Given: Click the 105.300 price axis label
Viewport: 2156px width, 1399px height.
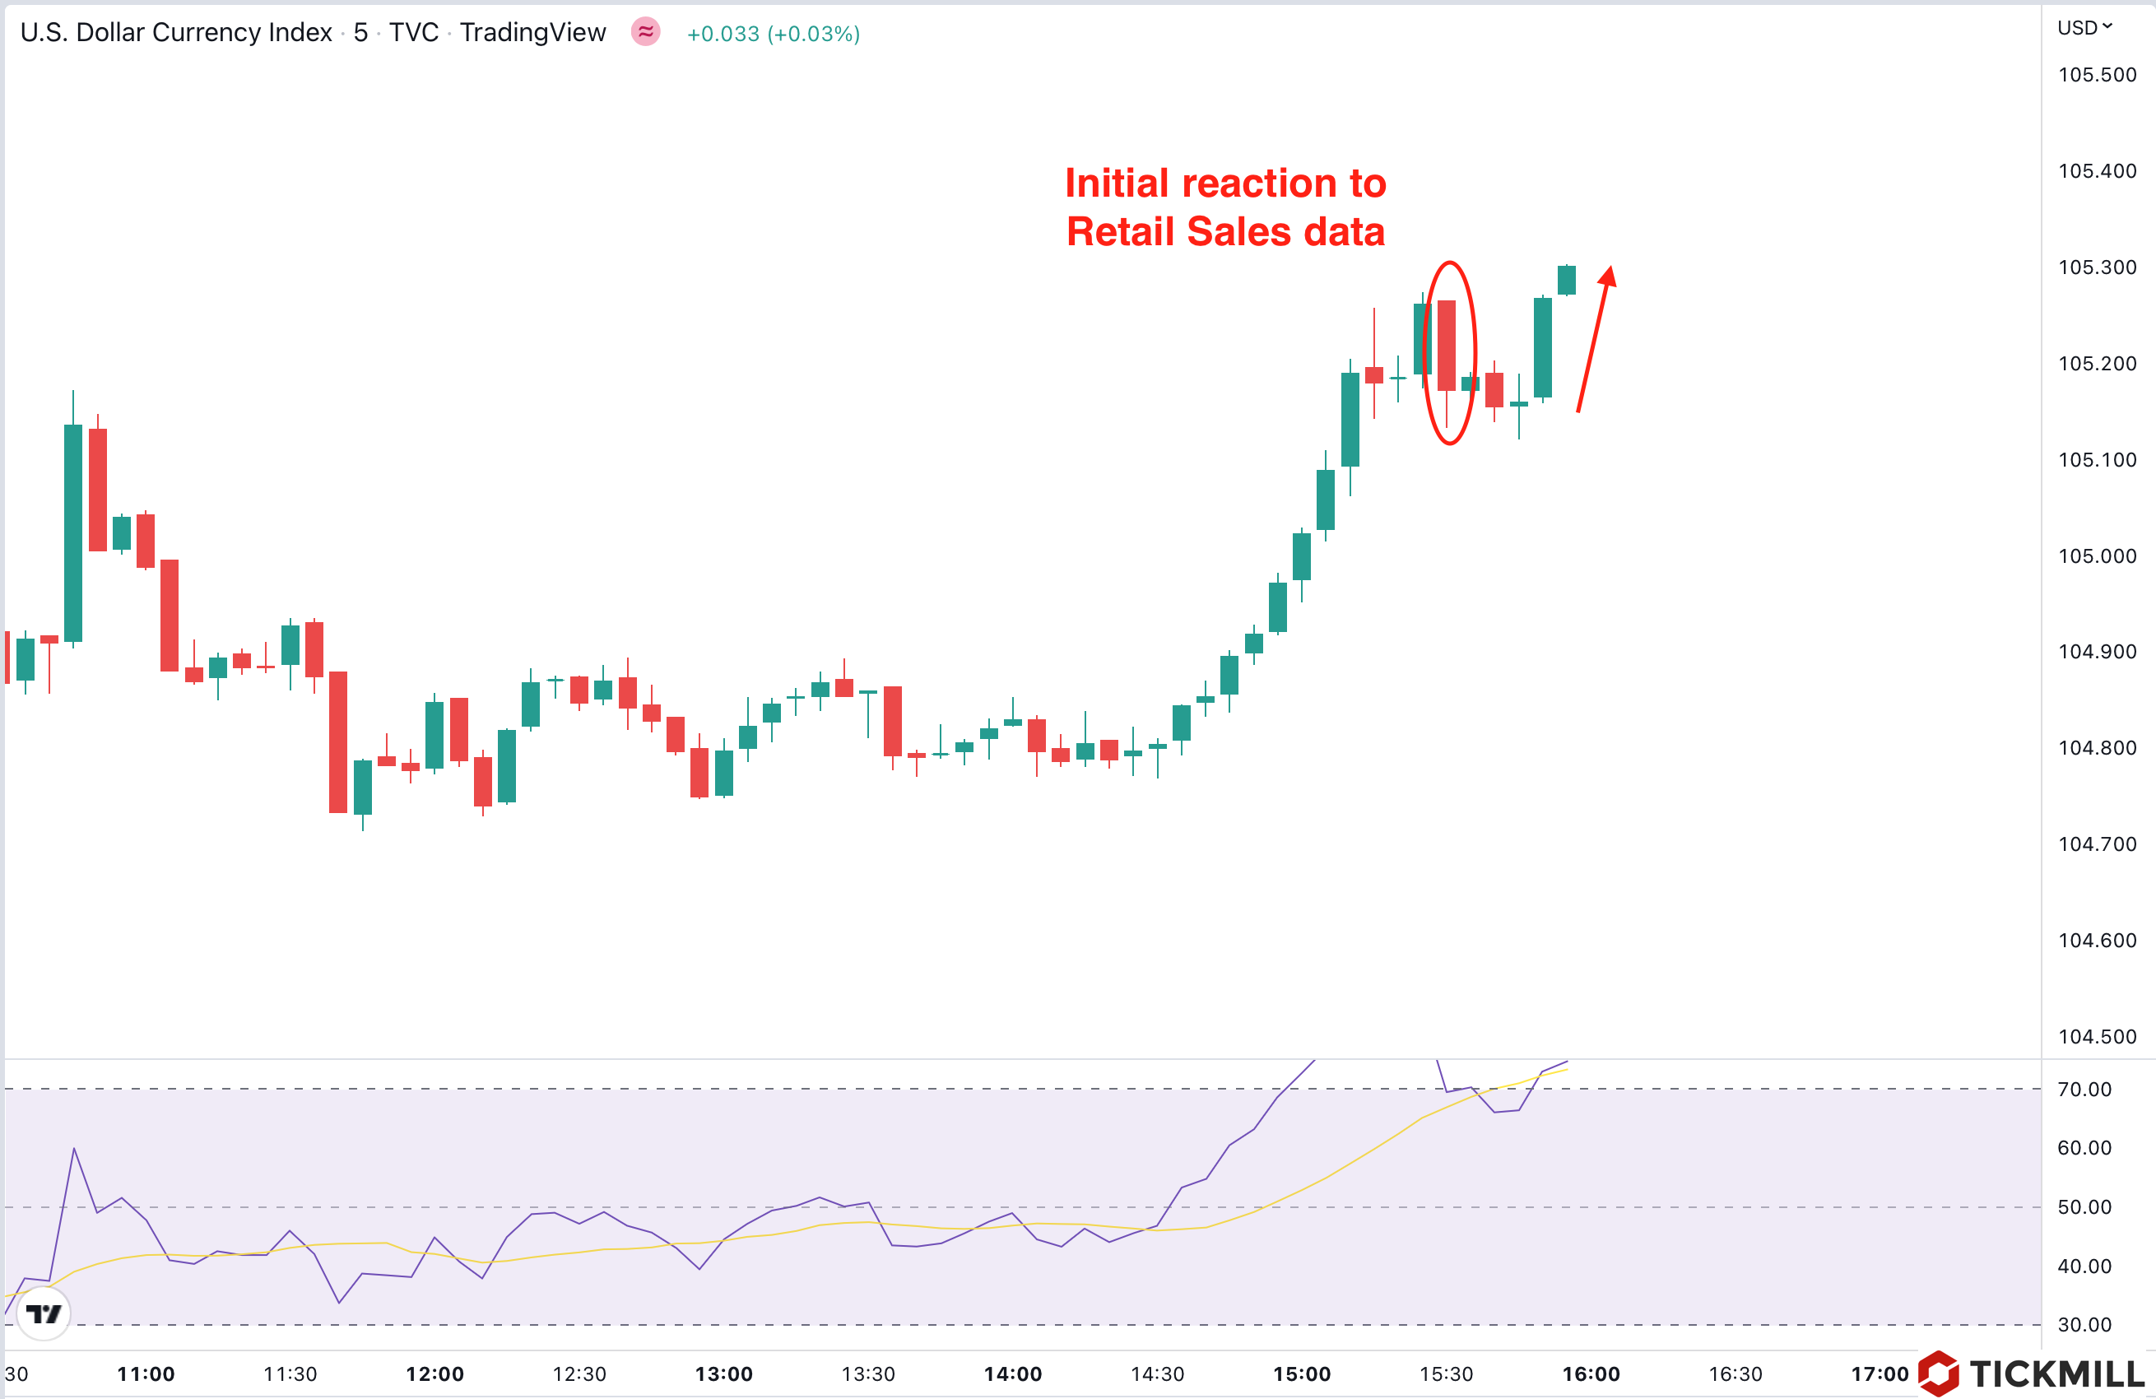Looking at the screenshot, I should point(2096,267).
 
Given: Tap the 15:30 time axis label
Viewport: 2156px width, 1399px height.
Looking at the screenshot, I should point(1446,1373).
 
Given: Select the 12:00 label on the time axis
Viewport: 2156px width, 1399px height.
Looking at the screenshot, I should point(434,1373).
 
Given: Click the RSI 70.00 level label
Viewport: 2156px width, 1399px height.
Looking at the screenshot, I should point(2084,1089).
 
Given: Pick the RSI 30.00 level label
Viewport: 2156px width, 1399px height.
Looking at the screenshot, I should point(2084,1325).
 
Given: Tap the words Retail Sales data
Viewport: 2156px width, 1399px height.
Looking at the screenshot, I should point(1224,232).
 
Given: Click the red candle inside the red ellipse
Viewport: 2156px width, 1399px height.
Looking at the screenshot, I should point(1447,345).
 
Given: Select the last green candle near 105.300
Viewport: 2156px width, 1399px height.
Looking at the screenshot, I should point(1566,280).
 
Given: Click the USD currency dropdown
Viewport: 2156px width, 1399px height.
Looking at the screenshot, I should point(2084,28).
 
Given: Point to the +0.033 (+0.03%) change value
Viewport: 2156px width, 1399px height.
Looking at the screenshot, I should point(773,34).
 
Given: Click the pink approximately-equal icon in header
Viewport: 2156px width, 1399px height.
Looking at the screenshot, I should point(645,33).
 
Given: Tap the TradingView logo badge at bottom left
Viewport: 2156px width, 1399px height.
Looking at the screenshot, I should point(44,1313).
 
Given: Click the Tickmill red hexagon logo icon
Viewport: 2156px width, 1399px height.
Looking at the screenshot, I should point(1939,1373).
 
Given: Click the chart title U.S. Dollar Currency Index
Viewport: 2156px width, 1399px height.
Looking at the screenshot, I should point(176,33).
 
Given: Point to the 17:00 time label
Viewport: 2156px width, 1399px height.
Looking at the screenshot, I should point(1879,1373).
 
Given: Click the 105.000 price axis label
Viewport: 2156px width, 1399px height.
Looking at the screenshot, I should point(2096,556).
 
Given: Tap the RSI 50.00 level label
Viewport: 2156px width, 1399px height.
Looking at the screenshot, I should point(2084,1207).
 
